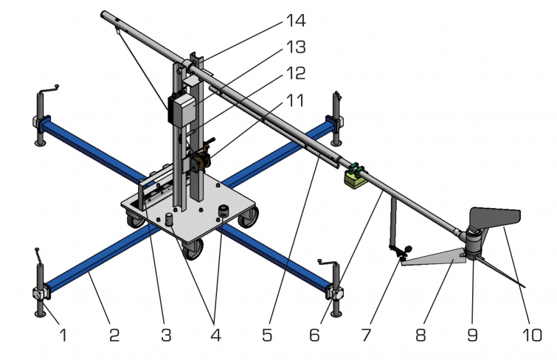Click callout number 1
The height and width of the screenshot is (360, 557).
[63, 336]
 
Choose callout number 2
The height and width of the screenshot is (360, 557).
[114, 336]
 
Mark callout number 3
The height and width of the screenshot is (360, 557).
[166, 336]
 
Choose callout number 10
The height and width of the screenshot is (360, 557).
[530, 336]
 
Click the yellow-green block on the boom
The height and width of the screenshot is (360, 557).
[356, 178]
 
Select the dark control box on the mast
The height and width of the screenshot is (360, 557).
[181, 108]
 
